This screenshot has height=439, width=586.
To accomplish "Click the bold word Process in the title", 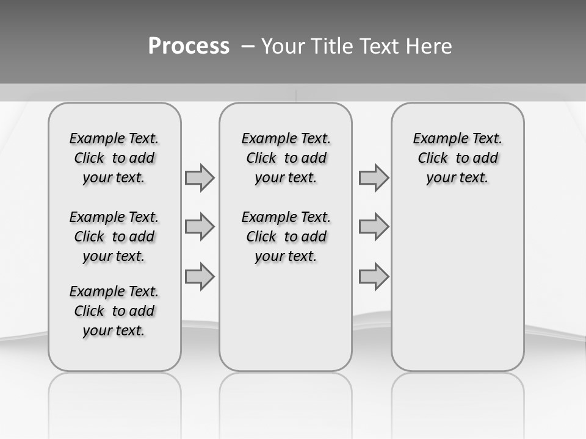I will pos(189,46).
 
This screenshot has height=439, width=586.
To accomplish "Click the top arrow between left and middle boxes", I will pos(200,177).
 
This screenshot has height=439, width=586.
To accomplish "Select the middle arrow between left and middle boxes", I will pos(200,227).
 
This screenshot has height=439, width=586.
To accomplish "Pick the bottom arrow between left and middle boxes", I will pos(200,276).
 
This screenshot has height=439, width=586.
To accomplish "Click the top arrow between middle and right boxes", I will pos(374,177).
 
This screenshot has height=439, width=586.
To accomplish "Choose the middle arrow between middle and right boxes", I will pos(374,227).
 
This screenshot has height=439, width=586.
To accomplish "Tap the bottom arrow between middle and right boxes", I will pos(374,276).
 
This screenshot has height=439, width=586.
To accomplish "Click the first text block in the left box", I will pos(114,158).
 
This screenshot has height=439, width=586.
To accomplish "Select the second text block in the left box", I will pos(114,237).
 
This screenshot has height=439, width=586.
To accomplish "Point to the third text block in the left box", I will pos(114,311).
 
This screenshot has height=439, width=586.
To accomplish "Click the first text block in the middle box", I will pos(286,158).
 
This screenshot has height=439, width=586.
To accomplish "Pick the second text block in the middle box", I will pos(286,237).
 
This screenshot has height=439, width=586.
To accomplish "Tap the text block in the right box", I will pos(457,158).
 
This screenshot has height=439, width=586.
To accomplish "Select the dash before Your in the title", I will pos(248,46).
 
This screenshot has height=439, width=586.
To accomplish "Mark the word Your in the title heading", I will pos(283,46).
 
